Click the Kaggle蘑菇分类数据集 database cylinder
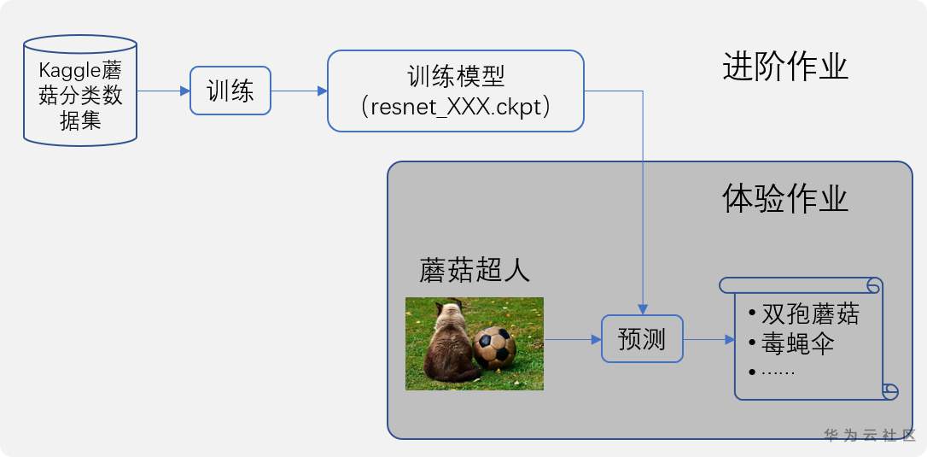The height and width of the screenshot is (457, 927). (80, 91)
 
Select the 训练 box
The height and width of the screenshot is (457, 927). (230, 91)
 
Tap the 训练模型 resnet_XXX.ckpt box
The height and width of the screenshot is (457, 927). (455, 91)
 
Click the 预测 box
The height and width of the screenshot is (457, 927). (642, 339)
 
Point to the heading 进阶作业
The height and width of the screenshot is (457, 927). (784, 66)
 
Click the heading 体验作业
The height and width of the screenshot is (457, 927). (784, 198)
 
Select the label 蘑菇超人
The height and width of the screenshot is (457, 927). (475, 270)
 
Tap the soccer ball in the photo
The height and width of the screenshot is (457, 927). (494, 347)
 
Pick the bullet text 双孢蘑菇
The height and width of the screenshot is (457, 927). (810, 313)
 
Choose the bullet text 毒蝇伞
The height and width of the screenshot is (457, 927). (797, 343)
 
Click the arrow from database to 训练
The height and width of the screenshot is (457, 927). (163, 91)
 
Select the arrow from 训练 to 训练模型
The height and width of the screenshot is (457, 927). (300, 91)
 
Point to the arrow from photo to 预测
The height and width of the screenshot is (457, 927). (573, 339)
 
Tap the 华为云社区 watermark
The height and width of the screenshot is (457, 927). (869, 435)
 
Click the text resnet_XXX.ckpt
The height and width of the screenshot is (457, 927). (455, 108)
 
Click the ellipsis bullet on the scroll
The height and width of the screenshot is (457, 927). (776, 372)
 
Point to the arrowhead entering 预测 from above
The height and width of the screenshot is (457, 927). (642, 309)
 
